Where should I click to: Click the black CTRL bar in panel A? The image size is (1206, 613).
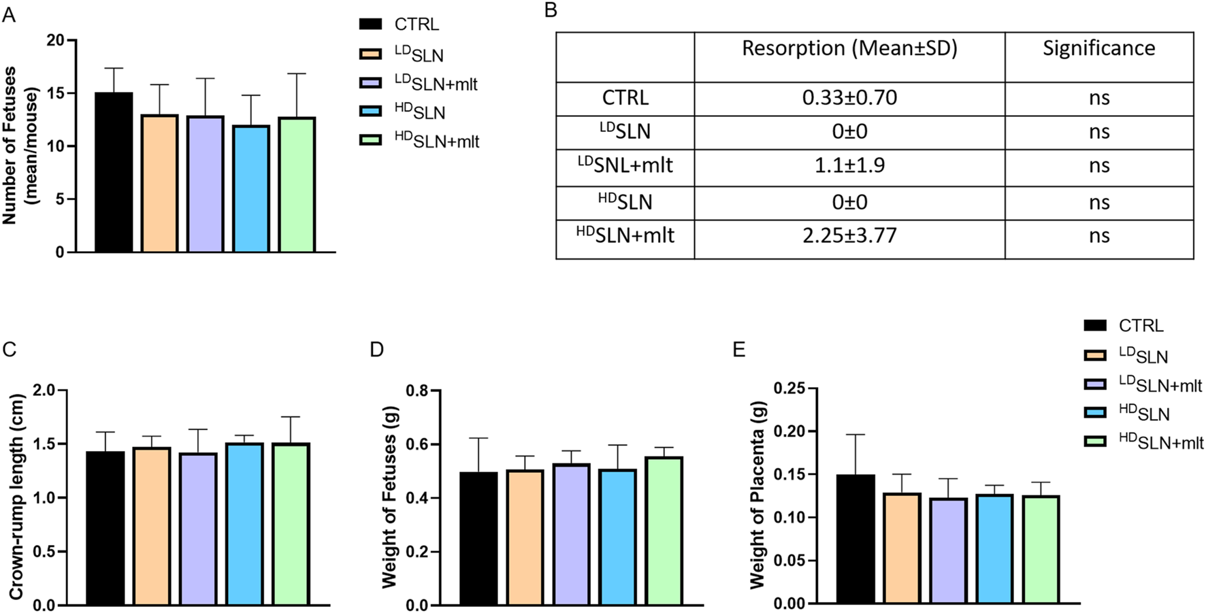(x=114, y=173)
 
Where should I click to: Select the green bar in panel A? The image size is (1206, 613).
(x=297, y=185)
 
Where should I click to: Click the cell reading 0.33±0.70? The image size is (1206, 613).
(x=849, y=98)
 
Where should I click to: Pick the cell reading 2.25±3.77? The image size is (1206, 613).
(x=849, y=236)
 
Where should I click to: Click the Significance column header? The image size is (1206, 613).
(x=1098, y=49)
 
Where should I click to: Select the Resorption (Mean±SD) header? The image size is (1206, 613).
(x=849, y=49)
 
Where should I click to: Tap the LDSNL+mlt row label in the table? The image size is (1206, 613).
(x=625, y=165)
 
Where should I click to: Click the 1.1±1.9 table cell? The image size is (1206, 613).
(x=849, y=165)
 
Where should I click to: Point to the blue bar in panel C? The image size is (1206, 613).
(x=244, y=525)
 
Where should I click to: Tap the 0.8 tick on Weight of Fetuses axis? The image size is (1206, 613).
(x=419, y=391)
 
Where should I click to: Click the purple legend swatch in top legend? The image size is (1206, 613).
(x=370, y=83)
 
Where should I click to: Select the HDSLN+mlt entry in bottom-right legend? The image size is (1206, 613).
(x=1160, y=443)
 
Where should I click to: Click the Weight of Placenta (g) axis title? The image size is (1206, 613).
(x=757, y=495)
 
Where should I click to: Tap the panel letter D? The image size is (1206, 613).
(x=376, y=350)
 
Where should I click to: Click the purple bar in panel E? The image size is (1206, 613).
(x=948, y=551)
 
